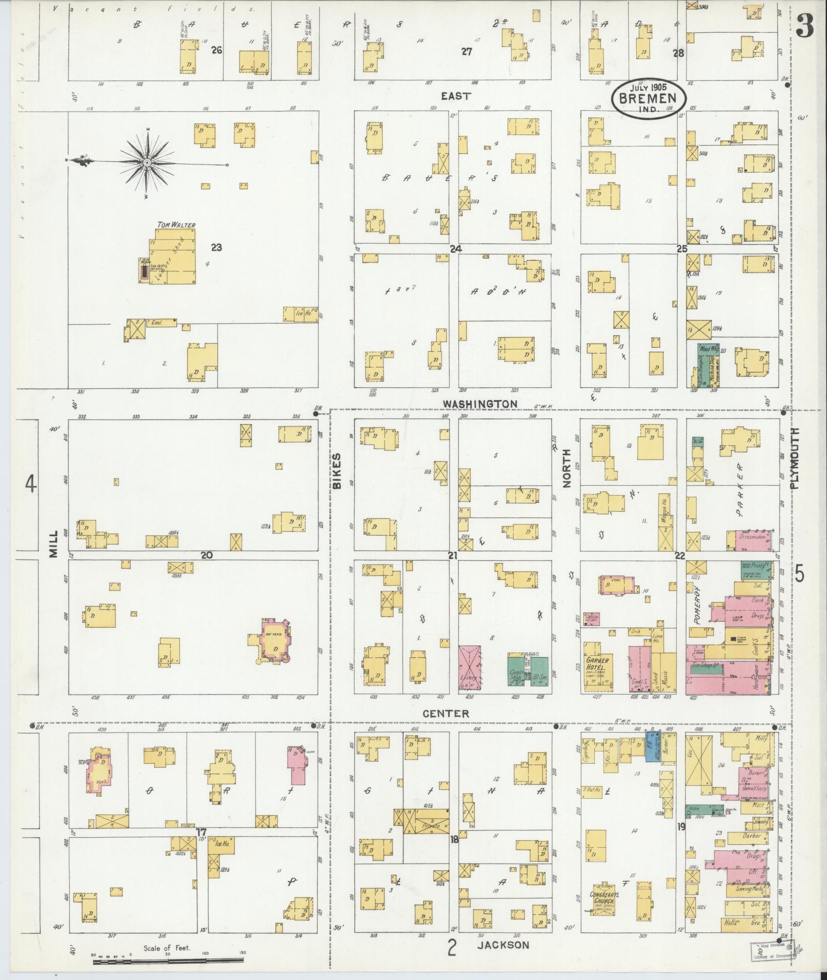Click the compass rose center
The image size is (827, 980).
click(x=147, y=162)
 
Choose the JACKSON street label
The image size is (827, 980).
click(x=503, y=944)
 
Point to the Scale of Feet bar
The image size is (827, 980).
click(x=168, y=961)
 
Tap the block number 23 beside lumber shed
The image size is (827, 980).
click(x=216, y=247)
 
